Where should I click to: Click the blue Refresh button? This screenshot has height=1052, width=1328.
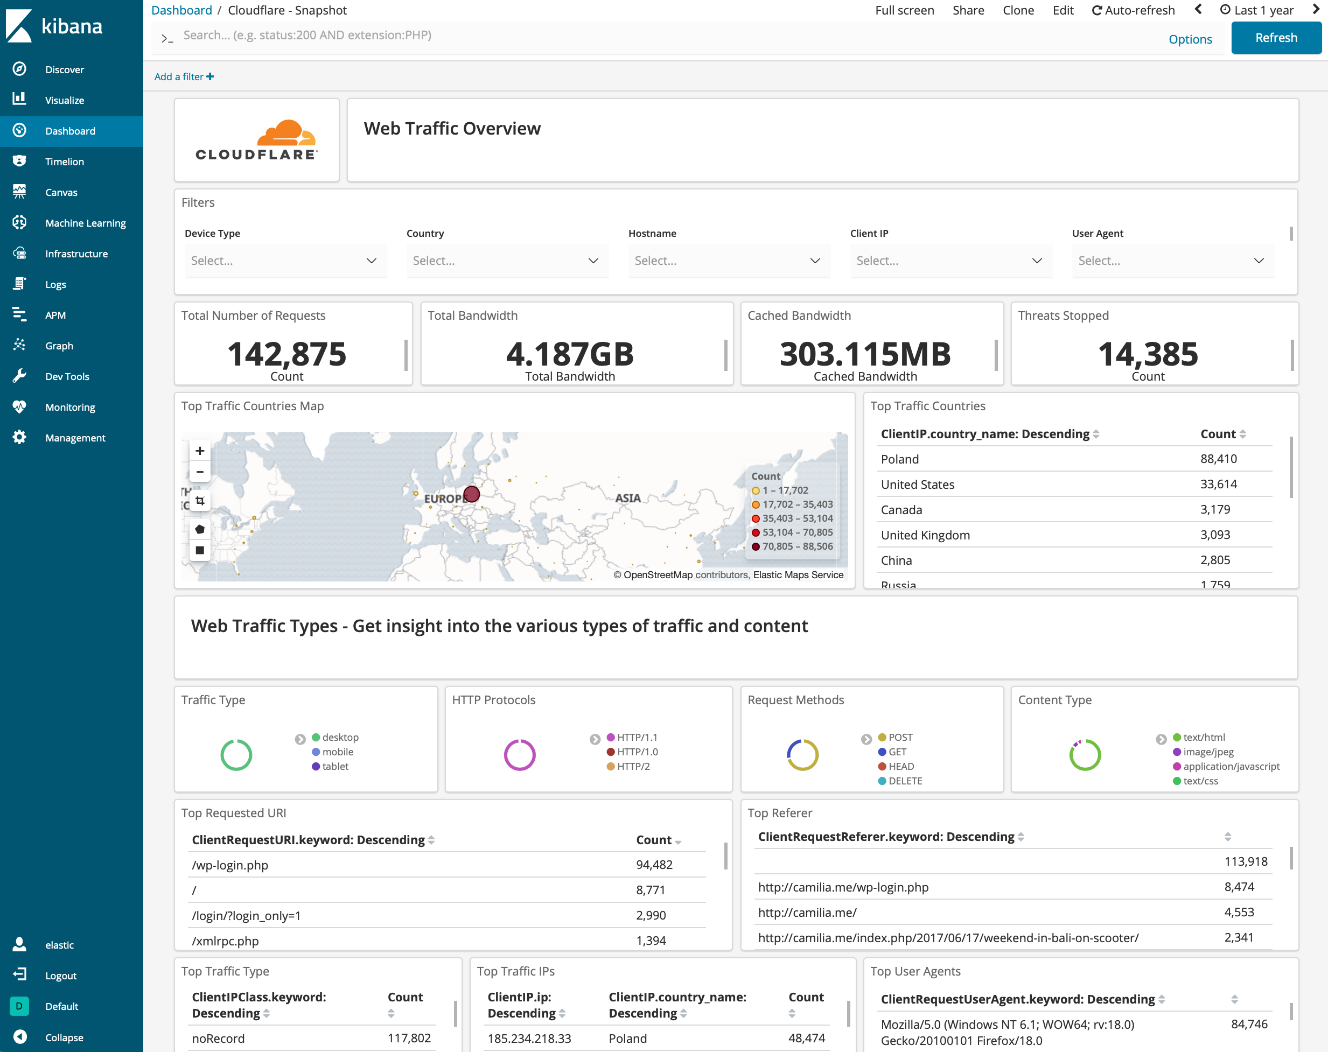click(x=1276, y=38)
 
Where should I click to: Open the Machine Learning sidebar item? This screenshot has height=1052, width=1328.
click(x=85, y=223)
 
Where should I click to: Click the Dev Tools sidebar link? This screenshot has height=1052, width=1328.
click(x=67, y=376)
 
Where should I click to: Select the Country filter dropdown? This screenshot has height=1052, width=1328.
click(x=506, y=261)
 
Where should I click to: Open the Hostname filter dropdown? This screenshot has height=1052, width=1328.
click(x=728, y=261)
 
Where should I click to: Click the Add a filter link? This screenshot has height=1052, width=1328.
click(x=184, y=76)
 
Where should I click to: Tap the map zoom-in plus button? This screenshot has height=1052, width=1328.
click(x=200, y=451)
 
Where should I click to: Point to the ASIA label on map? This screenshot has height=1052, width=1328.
click(x=628, y=497)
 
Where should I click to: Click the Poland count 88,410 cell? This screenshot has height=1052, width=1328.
click(x=1218, y=459)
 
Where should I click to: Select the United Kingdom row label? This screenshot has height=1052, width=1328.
click(x=925, y=535)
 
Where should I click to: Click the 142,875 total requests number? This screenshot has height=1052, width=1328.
click(x=286, y=354)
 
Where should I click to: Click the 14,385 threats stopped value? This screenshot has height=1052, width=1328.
click(x=1148, y=354)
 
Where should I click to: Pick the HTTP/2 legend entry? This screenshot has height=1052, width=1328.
click(x=633, y=766)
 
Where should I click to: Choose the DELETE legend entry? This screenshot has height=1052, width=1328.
click(x=904, y=781)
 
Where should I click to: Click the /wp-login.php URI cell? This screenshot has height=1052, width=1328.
click(x=230, y=865)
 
